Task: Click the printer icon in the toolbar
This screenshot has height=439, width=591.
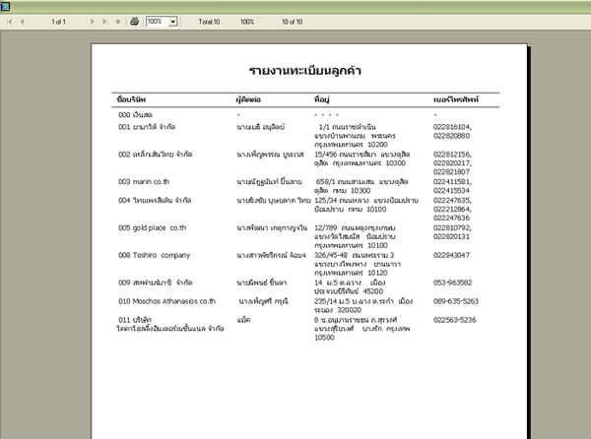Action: [x=134, y=21]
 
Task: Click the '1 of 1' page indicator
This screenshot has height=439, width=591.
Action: [x=57, y=21]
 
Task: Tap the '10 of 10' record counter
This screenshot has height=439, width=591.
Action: [x=293, y=21]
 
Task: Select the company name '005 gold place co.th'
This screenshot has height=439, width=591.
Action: [x=153, y=227]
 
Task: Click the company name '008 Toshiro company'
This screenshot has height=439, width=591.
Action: [x=154, y=255]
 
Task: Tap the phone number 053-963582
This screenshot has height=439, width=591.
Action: [x=453, y=282]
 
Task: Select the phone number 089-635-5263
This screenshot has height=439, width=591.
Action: [x=455, y=301]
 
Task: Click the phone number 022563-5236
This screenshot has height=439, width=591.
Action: [x=455, y=320]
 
